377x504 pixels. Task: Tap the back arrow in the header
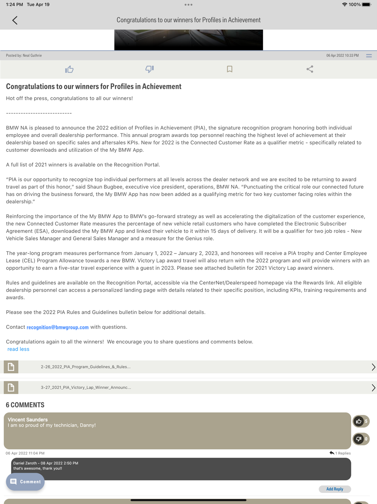15,20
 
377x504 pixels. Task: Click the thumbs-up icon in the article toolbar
69,69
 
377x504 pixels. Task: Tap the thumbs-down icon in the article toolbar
149,69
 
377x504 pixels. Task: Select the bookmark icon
230,69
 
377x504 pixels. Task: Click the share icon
310,69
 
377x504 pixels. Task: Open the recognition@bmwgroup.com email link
58,327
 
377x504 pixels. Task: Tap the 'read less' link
18,349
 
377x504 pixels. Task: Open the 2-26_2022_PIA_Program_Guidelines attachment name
86,367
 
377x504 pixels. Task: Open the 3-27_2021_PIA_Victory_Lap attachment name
86,388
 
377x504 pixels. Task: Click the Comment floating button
25,482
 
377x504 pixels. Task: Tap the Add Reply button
335,489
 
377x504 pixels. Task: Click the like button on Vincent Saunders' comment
359,421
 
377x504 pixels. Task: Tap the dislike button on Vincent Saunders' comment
359,439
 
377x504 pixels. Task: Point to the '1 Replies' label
343,453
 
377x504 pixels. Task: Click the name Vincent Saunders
28,420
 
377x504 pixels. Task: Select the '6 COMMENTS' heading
25,405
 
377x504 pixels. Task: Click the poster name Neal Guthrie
32,56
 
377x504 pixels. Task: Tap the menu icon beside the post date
369,56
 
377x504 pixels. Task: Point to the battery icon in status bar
366,5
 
